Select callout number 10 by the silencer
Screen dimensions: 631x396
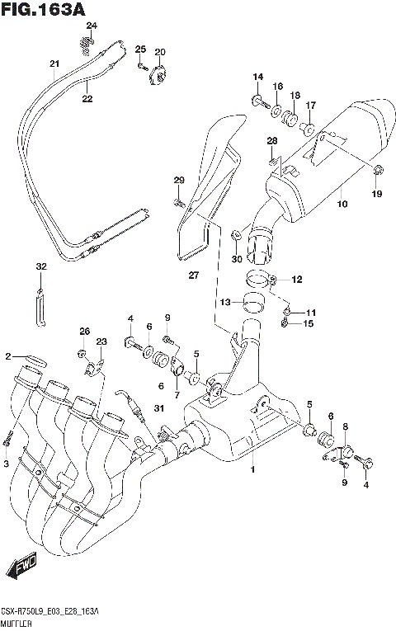point(342,202)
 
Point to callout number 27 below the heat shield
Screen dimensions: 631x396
point(193,275)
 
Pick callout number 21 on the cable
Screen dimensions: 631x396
point(54,64)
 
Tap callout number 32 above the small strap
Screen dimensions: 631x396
point(40,266)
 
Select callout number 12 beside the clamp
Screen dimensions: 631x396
point(296,279)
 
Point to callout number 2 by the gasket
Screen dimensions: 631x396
point(7,356)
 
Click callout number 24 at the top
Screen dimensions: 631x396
point(92,26)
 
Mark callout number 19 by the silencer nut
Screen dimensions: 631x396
point(376,194)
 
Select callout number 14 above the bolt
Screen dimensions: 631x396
point(257,78)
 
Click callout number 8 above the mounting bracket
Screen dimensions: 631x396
point(346,426)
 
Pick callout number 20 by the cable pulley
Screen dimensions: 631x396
point(159,52)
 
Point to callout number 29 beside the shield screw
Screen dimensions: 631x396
point(178,181)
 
